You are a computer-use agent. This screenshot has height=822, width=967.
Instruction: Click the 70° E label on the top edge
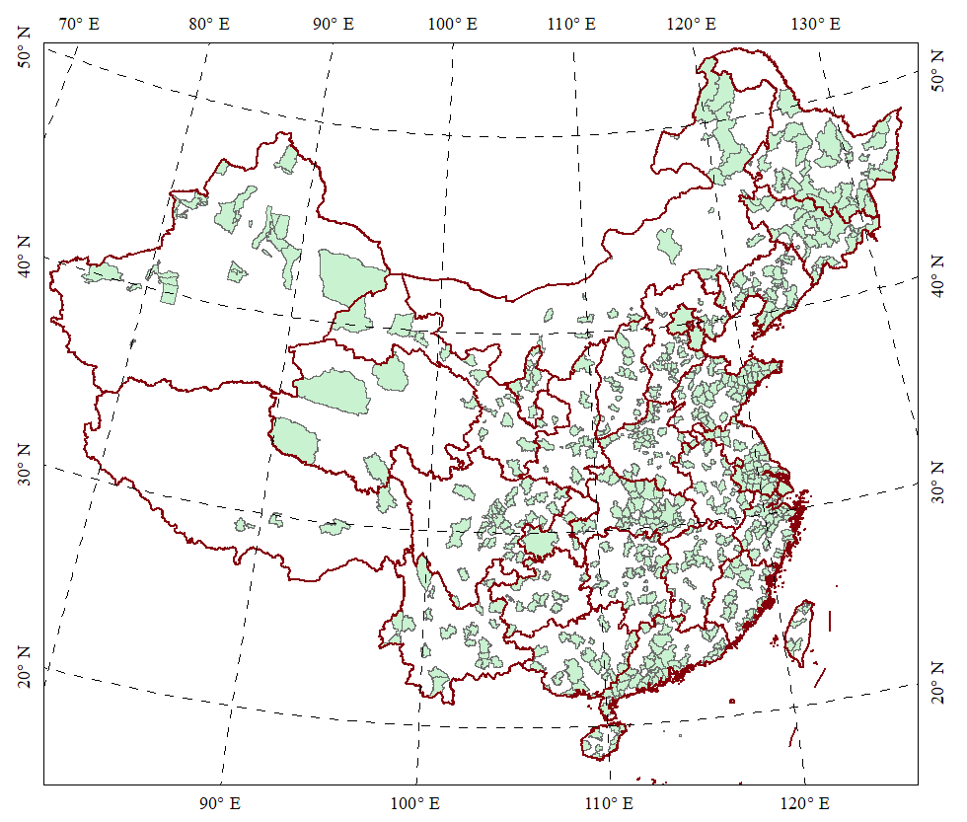click(79, 22)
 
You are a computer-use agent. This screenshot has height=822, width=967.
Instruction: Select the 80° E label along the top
click(208, 22)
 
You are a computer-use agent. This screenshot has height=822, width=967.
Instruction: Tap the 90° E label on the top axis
click(334, 22)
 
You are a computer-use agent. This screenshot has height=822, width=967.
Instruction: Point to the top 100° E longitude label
click(454, 22)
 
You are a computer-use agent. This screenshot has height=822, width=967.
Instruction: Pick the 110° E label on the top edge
click(573, 22)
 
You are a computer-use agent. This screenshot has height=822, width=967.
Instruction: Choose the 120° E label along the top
click(691, 22)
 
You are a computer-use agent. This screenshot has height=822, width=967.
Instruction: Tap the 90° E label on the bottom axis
click(220, 802)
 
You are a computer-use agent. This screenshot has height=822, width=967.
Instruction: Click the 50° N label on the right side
click(940, 74)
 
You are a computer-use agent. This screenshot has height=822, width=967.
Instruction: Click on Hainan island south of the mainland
click(602, 741)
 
